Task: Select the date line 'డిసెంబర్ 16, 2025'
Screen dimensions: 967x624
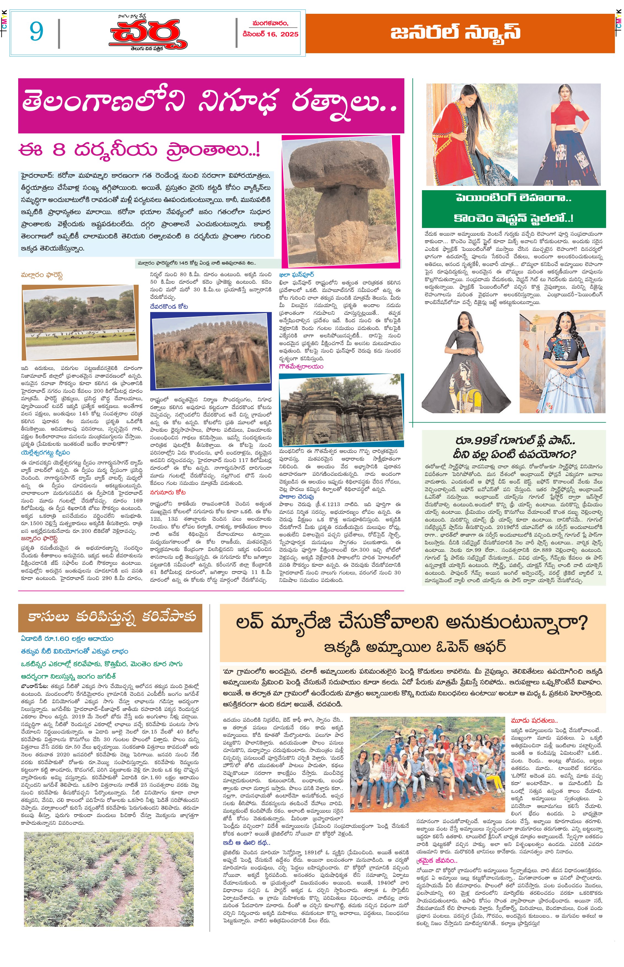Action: (x=270, y=34)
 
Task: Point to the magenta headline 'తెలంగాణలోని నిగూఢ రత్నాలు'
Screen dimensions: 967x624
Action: (x=211, y=105)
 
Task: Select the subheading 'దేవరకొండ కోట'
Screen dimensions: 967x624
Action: (x=169, y=307)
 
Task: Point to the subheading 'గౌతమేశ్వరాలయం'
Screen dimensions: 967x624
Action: (x=301, y=366)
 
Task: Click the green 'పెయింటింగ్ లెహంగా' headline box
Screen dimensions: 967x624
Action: (x=514, y=208)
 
